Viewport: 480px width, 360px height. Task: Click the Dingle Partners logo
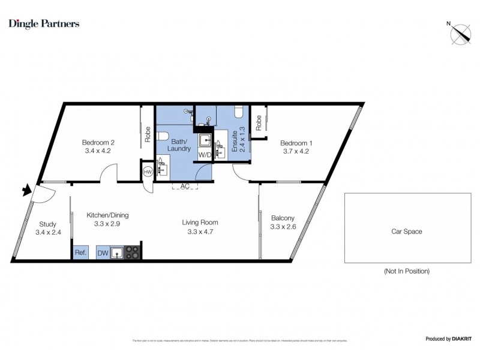(43, 24)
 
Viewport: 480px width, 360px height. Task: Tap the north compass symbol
(460, 33)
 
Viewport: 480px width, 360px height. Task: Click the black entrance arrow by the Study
(26, 191)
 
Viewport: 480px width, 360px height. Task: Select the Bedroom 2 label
(98, 143)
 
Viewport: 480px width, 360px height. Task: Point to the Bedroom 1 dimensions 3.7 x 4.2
(296, 151)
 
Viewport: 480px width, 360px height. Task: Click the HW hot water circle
(148, 172)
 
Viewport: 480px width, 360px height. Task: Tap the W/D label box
(205, 154)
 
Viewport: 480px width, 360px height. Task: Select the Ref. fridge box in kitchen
(80, 253)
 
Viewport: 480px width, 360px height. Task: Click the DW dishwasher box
(103, 253)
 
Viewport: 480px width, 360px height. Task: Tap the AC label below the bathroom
(185, 187)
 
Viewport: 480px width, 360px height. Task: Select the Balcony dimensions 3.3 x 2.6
(283, 227)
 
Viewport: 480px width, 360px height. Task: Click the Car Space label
(406, 231)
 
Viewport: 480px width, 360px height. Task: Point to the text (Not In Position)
(406, 271)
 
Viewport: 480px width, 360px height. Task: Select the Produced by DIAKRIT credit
(448, 339)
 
